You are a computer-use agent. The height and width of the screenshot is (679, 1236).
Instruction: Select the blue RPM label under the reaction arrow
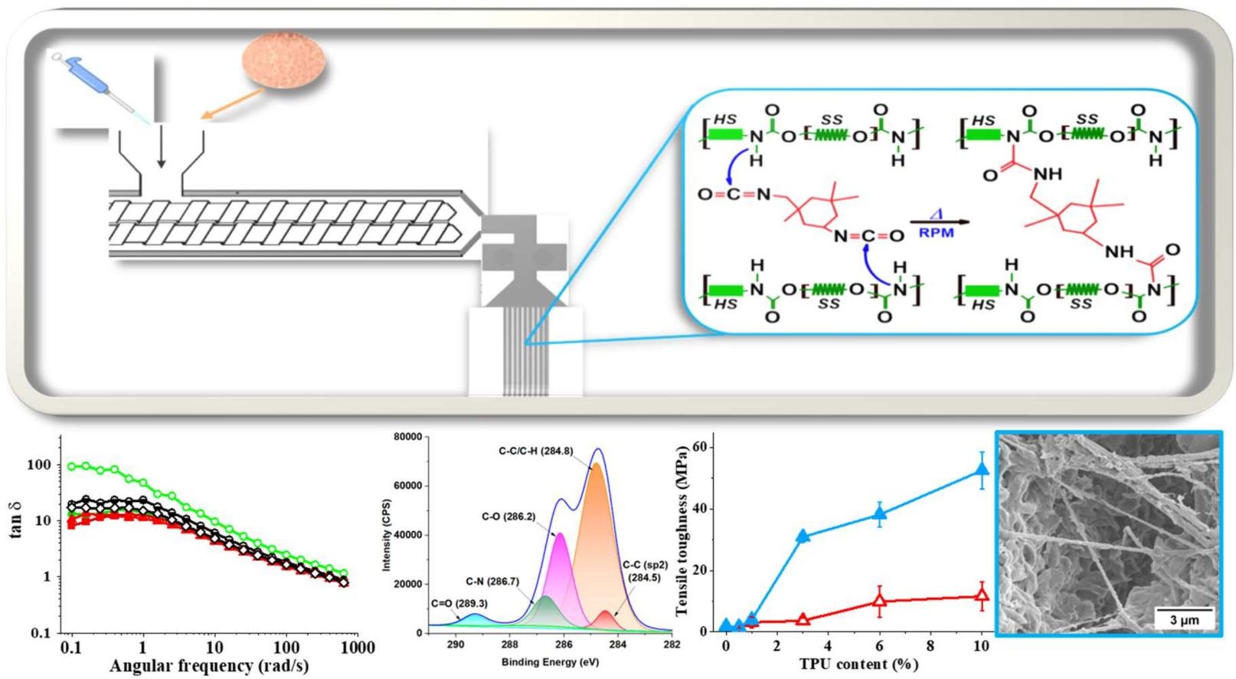[x=937, y=232]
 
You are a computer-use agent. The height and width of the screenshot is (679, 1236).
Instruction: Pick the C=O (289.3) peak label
[x=459, y=602]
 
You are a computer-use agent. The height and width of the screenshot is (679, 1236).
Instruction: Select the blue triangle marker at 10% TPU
[x=982, y=470]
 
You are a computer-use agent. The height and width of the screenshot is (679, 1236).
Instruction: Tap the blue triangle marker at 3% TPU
[x=803, y=536]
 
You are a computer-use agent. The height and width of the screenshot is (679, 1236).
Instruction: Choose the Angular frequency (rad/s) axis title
[x=209, y=666]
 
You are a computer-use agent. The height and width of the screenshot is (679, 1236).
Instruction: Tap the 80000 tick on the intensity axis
[x=407, y=437]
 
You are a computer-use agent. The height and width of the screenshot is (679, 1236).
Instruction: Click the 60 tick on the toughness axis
[x=698, y=447]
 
